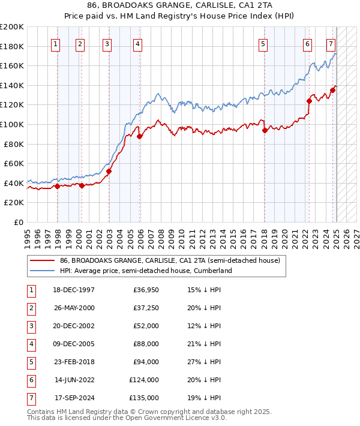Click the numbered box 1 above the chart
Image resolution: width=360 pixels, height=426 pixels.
56,43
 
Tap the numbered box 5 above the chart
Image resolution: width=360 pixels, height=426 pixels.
263,43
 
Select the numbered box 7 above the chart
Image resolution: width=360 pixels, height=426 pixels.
331,43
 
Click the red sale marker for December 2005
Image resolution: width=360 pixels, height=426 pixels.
139,137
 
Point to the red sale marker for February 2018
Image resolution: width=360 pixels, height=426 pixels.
265,131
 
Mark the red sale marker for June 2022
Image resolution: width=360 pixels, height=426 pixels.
309,101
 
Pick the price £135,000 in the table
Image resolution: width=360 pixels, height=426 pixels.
144,398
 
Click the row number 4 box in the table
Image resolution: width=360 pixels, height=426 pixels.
31,344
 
